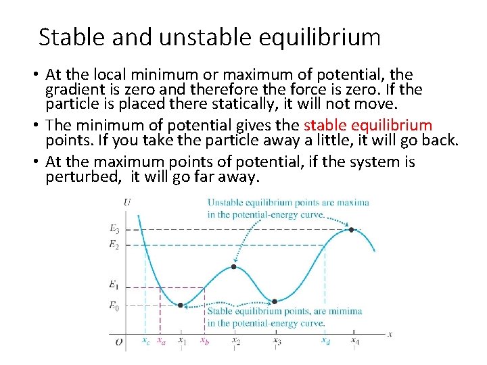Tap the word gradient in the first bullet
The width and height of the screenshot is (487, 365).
coord(72,90)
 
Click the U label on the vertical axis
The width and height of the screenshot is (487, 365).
coord(128,201)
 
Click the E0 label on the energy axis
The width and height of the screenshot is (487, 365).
coord(114,306)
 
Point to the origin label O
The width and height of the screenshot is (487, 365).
coord(119,343)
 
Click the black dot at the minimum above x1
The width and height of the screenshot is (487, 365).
coord(180,306)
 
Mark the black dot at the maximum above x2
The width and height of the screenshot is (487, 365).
coord(234,267)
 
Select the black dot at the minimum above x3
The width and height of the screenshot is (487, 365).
coord(275,301)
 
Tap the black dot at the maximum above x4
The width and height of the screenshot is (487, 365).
coord(351,230)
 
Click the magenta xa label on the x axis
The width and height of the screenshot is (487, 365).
coord(161,341)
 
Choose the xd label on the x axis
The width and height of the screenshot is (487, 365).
coord(325,341)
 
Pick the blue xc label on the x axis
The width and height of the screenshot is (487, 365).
coord(145,341)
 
